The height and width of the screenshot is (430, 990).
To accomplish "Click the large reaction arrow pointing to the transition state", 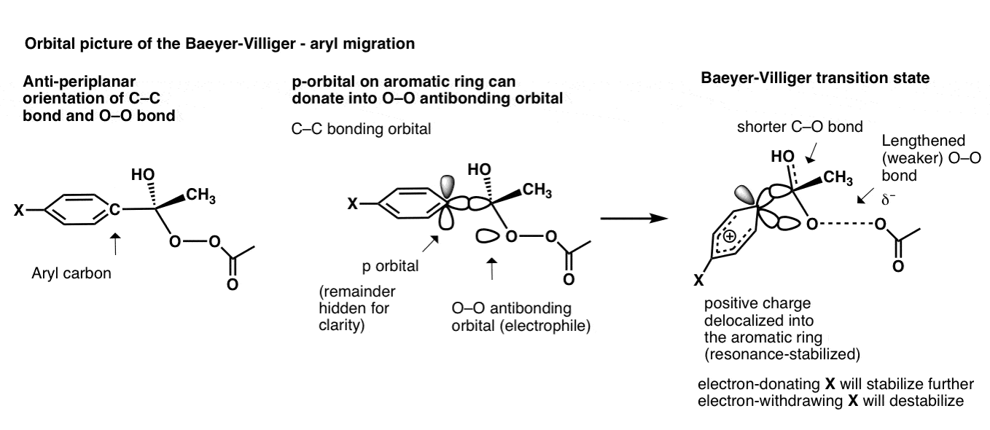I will coord(630,218).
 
